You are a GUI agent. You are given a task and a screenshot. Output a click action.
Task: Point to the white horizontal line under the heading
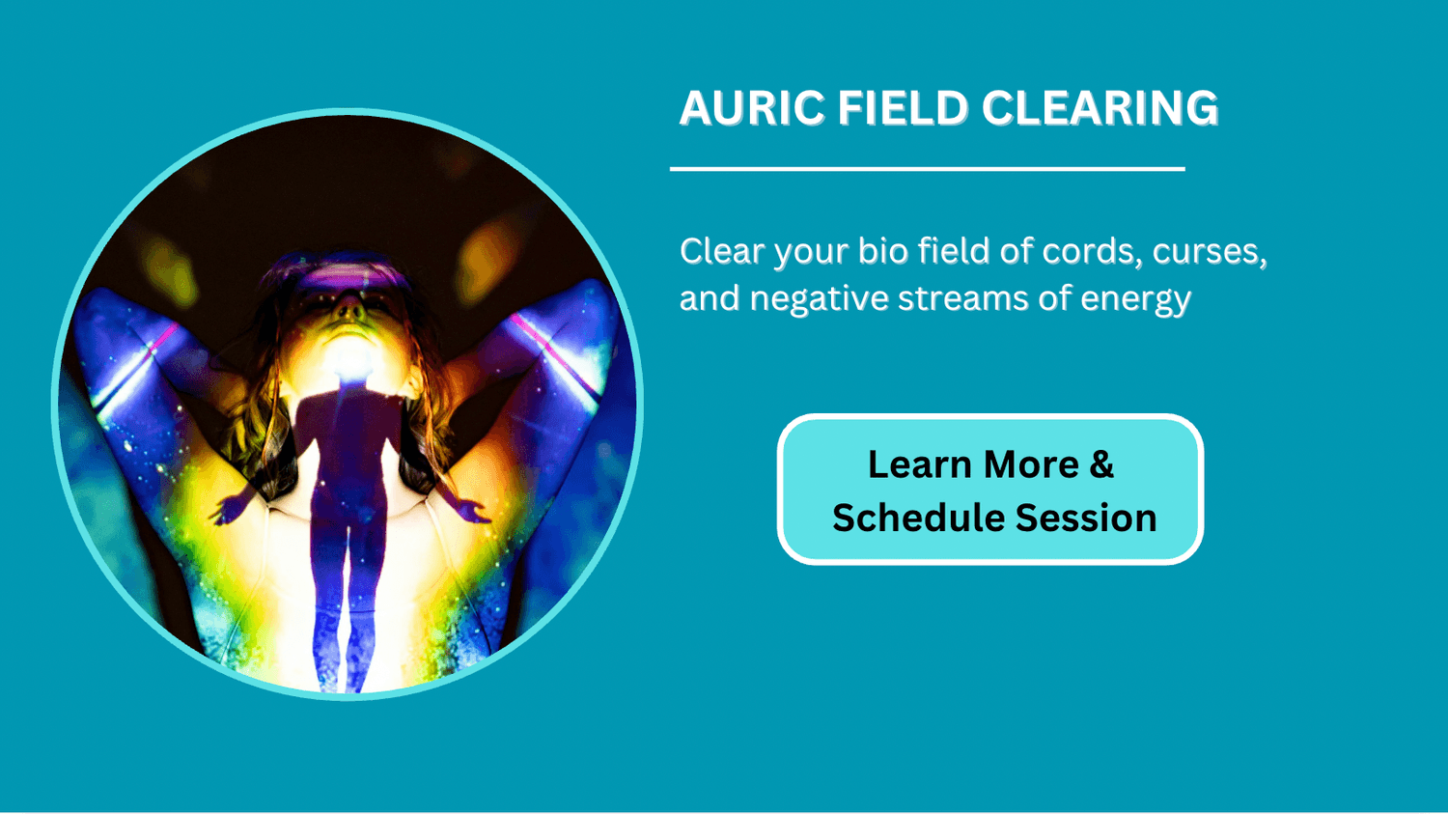click(928, 169)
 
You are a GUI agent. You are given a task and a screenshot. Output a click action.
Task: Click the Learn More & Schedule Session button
click(990, 490)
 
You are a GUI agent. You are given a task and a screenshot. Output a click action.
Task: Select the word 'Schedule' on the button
click(918, 518)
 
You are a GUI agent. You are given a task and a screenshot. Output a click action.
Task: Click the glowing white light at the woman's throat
click(349, 360)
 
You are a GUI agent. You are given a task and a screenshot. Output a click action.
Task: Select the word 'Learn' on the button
click(921, 464)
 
